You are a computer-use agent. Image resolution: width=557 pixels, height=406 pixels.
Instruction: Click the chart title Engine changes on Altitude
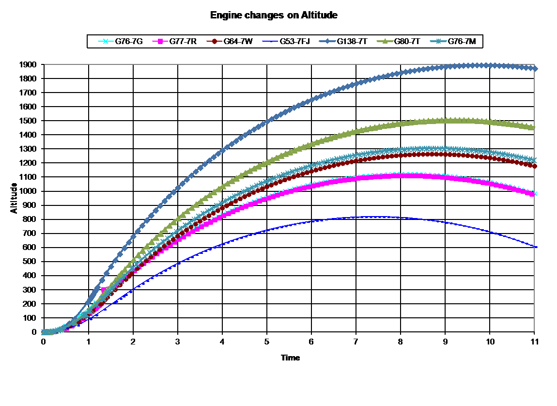click(274, 16)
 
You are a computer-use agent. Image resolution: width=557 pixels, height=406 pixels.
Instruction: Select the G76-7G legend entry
click(121, 42)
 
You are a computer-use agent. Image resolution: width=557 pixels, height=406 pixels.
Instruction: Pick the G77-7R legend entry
click(174, 42)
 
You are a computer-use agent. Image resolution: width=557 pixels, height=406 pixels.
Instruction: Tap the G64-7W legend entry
click(230, 42)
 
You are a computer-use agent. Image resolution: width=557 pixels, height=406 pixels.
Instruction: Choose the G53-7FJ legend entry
click(286, 42)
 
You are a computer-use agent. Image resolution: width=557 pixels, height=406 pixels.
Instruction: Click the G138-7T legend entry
click(342, 42)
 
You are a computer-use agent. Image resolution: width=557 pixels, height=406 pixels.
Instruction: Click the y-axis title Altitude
click(14, 198)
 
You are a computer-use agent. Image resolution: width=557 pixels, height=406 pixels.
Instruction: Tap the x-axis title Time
click(290, 358)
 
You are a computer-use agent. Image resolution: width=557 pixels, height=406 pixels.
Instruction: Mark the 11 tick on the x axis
click(534, 342)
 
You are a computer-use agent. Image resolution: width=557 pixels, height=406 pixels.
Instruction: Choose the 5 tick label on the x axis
click(267, 342)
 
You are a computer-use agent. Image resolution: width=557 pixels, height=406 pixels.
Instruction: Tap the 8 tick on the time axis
click(401, 342)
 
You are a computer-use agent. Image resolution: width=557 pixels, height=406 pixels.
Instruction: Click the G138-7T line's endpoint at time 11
click(535, 68)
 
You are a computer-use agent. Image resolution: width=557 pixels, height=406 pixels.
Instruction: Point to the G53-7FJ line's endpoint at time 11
click(535, 247)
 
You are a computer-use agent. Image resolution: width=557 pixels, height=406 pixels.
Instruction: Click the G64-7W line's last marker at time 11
click(535, 166)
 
